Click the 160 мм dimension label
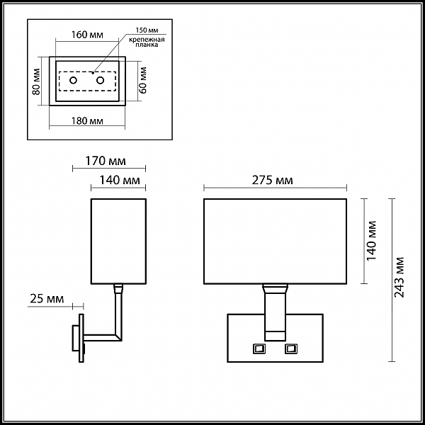[x=87, y=35]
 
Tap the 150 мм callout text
[x=147, y=30]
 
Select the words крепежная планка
[x=147, y=42]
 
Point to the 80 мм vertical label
[x=36, y=81]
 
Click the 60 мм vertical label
[x=143, y=80]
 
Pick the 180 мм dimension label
[x=87, y=121]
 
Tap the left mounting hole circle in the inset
[x=73, y=81]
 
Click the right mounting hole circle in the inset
[x=101, y=81]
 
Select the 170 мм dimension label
[x=106, y=161]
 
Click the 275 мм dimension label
[x=273, y=180]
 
